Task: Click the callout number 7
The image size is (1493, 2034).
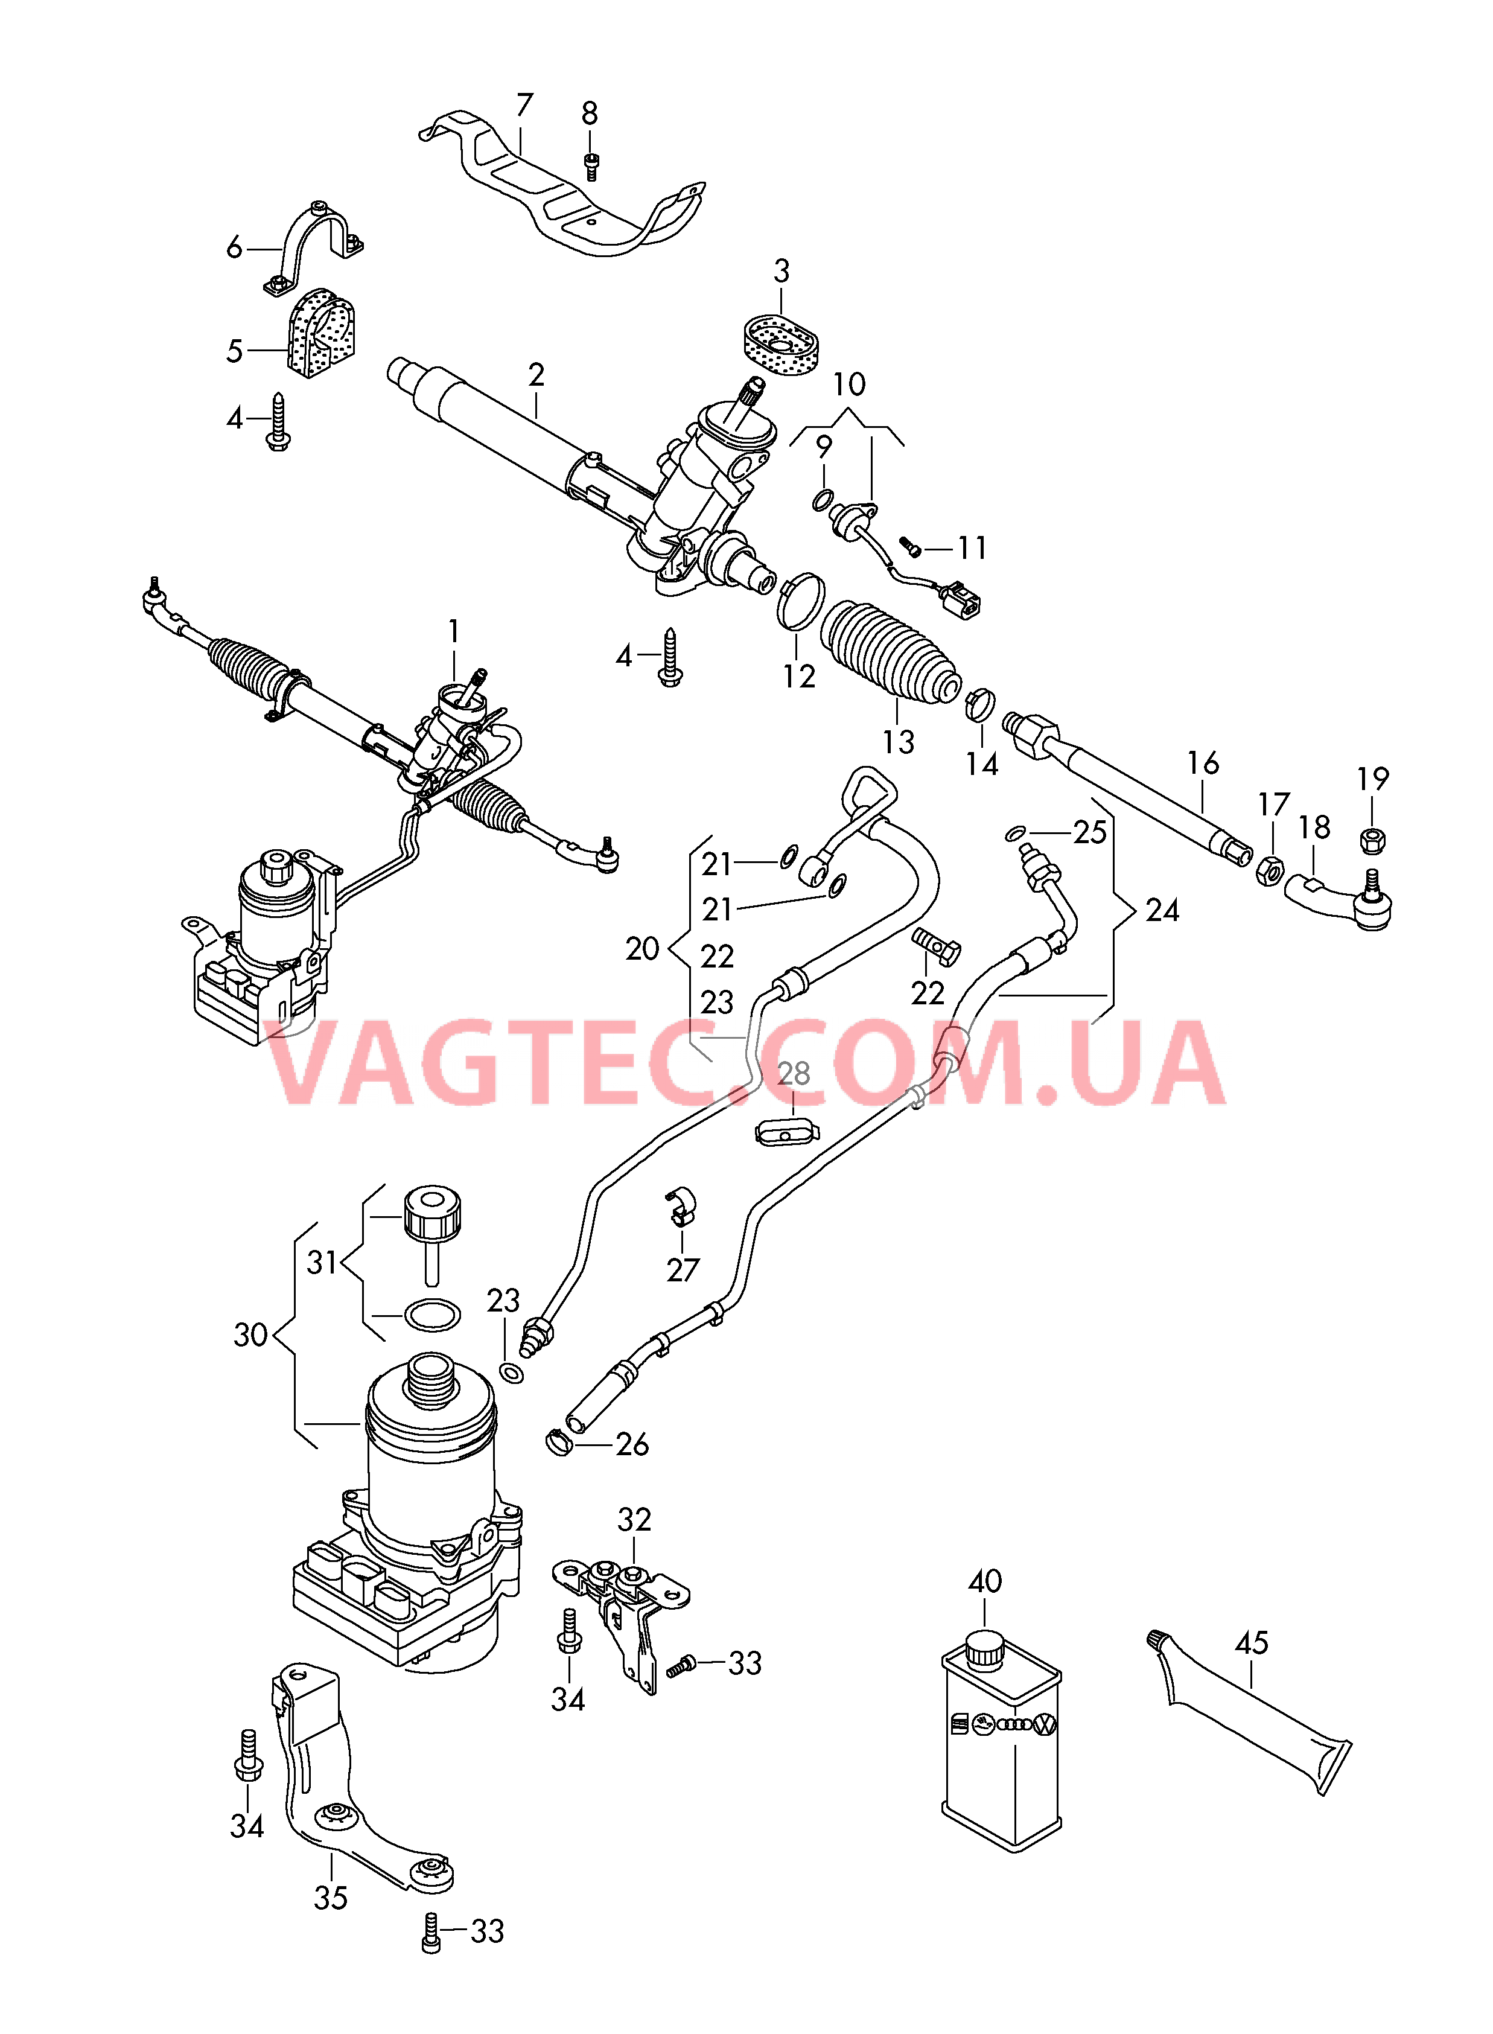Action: pos(524,106)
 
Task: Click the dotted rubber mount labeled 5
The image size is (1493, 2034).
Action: pos(322,333)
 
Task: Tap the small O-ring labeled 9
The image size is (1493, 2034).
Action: pos(823,499)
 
